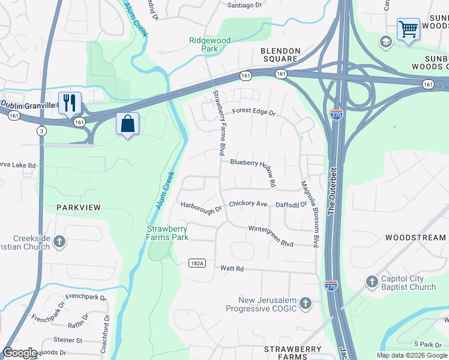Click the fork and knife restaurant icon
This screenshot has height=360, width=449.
coord(70,103)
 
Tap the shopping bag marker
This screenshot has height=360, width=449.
coord(127,124)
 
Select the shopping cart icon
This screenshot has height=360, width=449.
coord(408,28)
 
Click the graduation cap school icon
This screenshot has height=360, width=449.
coord(386,41)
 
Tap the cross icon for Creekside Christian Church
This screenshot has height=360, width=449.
coord(59,242)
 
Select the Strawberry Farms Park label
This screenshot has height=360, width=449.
coord(168,233)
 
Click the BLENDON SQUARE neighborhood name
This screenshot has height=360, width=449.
coord(279,55)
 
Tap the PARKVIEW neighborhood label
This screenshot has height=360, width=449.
coord(78,207)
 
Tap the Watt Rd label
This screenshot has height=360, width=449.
coord(232,269)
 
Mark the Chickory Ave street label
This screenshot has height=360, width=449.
coord(247,204)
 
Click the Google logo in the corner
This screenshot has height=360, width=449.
coord(20,353)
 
